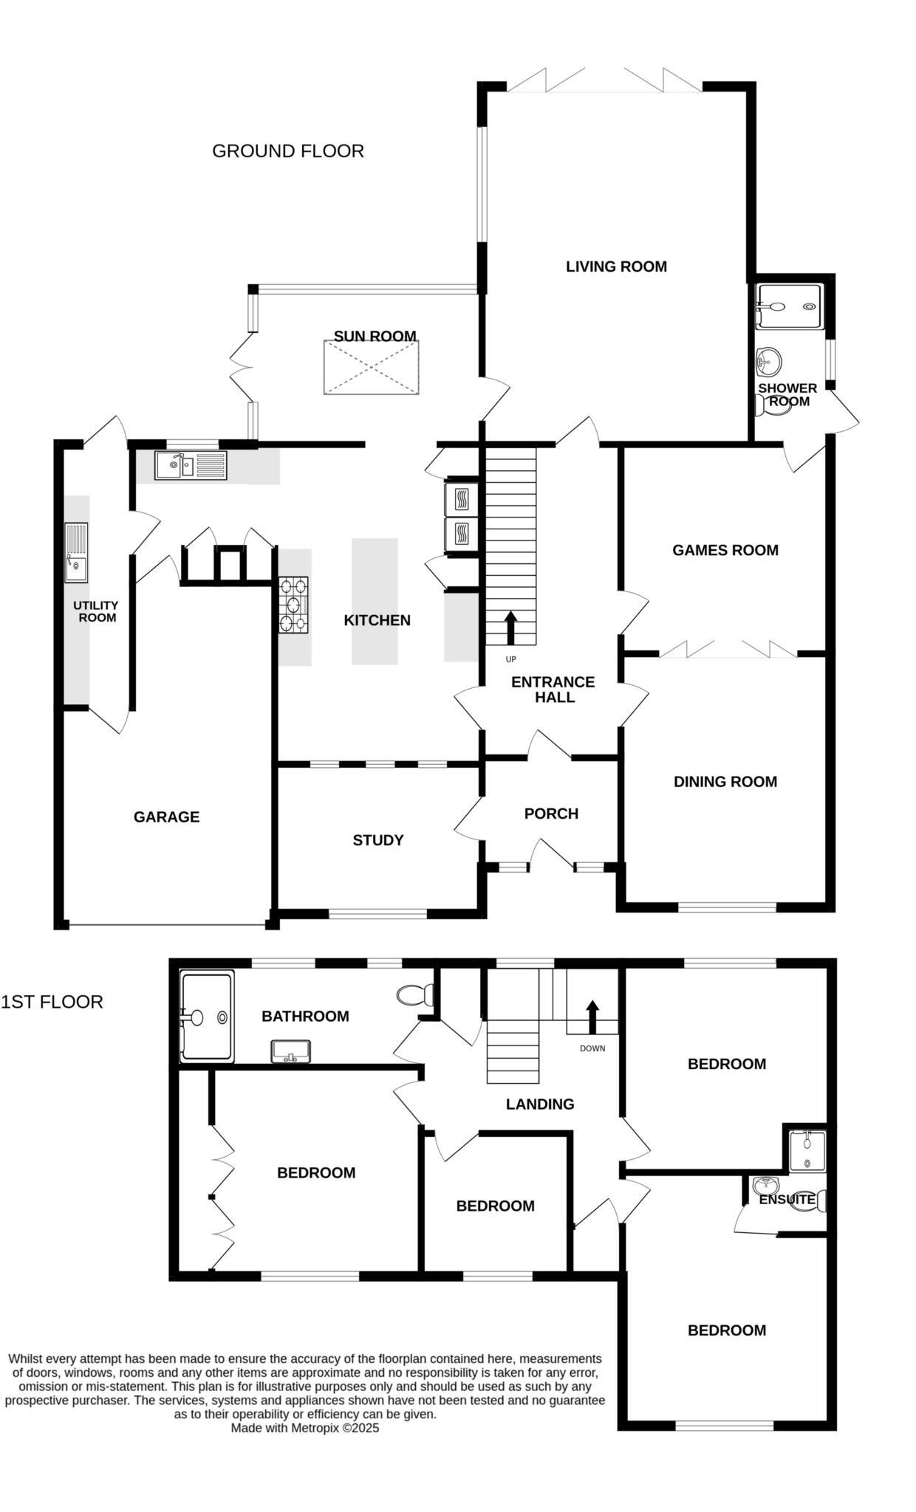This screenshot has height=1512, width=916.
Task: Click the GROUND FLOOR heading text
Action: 287,151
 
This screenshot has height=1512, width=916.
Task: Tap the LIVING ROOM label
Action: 616,267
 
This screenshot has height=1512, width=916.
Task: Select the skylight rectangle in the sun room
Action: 371,368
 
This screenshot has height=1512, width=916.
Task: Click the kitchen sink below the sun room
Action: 191,466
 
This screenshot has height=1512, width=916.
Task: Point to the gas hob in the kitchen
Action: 293,605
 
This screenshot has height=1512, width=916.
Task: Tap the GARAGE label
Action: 166,817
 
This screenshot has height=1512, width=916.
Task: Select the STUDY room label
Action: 377,840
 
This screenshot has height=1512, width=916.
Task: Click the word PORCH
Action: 551,814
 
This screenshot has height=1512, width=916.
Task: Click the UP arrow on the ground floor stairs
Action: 510,628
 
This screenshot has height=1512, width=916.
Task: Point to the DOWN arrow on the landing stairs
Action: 592,1017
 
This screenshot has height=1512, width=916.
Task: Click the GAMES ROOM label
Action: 725,550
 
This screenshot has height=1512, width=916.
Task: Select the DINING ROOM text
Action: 725,782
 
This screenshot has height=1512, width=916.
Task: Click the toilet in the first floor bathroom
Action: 416,994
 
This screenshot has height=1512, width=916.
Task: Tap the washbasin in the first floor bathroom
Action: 291,1051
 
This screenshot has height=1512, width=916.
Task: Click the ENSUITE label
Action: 787,1200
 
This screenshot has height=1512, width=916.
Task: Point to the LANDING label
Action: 539,1104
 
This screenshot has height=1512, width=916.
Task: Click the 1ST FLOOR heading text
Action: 52,1002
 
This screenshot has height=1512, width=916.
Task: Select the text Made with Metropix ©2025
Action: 305,1428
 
